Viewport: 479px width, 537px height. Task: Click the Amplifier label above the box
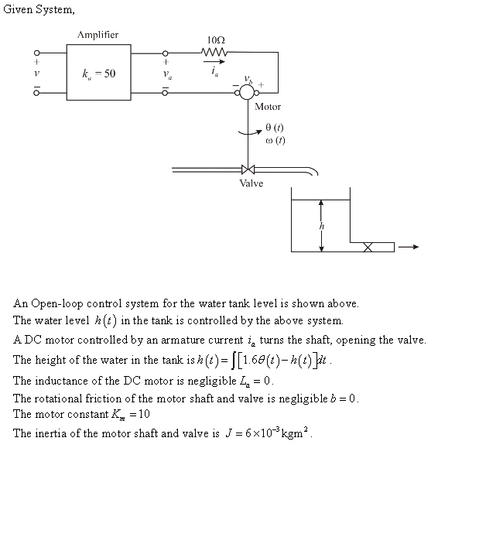98,35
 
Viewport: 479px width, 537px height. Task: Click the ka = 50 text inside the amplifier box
99,74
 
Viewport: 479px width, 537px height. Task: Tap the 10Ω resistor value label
216,39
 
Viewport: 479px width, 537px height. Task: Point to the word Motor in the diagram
268,107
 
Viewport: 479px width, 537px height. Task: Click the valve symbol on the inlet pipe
248,169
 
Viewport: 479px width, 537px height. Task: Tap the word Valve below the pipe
251,183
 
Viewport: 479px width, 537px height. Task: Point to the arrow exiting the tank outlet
409,247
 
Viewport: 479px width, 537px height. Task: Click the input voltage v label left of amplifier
14,74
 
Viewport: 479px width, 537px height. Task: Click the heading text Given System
39,10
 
